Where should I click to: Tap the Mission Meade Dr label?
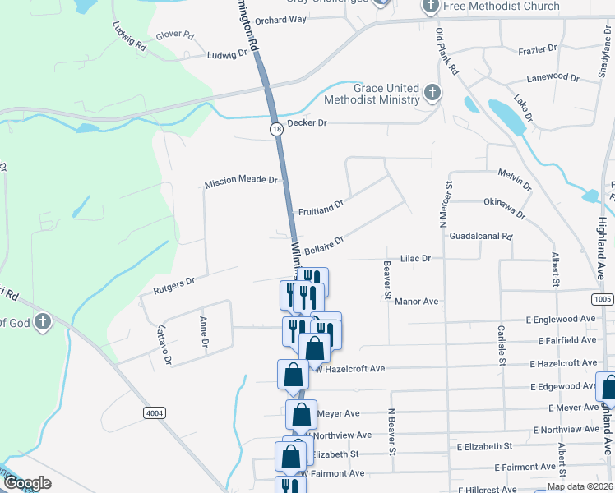(242, 182)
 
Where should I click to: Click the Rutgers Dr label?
(173, 285)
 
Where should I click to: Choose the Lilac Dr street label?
(415, 258)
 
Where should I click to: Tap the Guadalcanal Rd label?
(481, 236)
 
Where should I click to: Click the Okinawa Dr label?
(504, 207)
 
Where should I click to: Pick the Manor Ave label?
(417, 302)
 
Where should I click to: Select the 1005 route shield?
(603, 300)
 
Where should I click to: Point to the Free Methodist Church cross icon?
(431, 7)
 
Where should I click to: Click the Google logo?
(27, 483)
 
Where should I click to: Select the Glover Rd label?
(174, 36)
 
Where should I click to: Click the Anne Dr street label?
(202, 333)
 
